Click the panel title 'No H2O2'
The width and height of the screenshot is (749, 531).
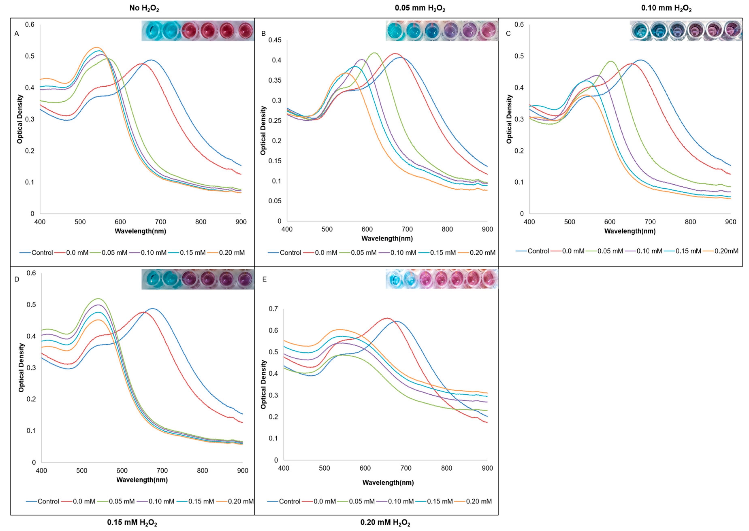pos(144,8)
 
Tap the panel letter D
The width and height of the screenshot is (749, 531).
pos(17,279)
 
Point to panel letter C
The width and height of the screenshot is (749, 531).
pos(508,34)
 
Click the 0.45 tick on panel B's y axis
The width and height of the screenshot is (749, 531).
pos(275,40)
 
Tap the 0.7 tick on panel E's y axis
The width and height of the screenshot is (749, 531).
pos(273,309)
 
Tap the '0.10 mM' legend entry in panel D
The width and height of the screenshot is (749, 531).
pos(161,501)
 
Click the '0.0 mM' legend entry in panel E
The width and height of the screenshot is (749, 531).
pos(324,501)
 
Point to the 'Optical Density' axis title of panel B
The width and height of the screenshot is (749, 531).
pos(263,131)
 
